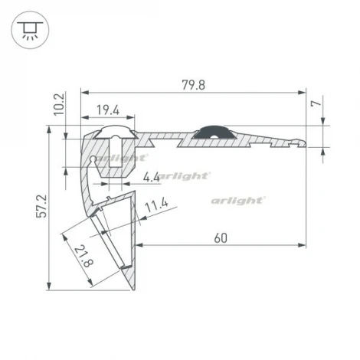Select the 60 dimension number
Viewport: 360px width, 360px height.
tap(221, 237)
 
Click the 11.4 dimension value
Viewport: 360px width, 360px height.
tap(155, 205)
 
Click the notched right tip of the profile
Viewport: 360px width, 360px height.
tap(298, 142)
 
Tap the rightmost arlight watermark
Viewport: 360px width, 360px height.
tap(238, 200)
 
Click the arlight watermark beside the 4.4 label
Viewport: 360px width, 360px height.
tap(186, 175)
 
